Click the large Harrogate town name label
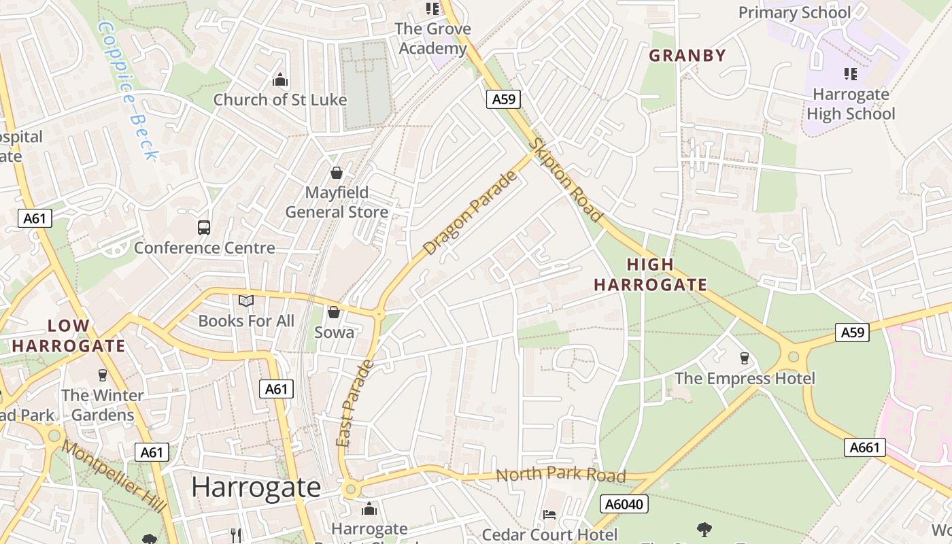coord(256,487)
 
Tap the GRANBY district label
coord(687,56)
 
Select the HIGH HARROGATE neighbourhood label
coord(650,275)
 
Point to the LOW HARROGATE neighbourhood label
coord(68,335)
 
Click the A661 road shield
coord(865,447)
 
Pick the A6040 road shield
coord(624,504)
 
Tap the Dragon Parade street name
coord(470,213)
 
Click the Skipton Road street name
coord(566,180)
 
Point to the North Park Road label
coord(560,475)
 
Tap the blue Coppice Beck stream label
coord(127,90)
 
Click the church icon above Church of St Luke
coord(280,80)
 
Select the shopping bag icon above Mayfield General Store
coord(336,173)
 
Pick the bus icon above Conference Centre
coord(204,228)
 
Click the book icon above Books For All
coord(246,301)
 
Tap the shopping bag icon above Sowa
coord(334,312)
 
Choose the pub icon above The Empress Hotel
coord(745,358)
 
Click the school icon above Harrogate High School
coord(850,73)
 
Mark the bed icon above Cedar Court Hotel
coord(549,515)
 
